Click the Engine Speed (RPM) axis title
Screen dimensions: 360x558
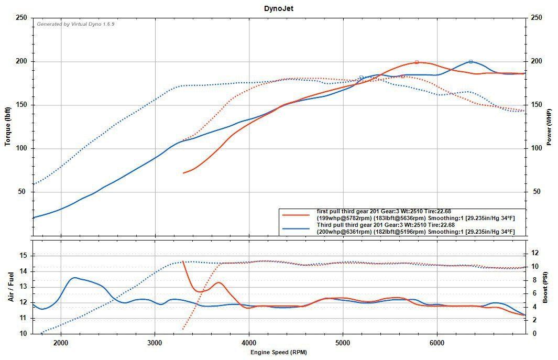tap(279, 353)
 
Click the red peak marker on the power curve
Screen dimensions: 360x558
tap(417, 62)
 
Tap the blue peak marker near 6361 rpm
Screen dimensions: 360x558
tap(471, 62)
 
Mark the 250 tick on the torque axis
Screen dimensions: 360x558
tap(21, 18)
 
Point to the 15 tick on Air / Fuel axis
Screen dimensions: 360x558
tap(24, 255)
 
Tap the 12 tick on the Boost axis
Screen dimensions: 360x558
tap(535, 253)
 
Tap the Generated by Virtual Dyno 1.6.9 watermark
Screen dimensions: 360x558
tap(75, 24)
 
